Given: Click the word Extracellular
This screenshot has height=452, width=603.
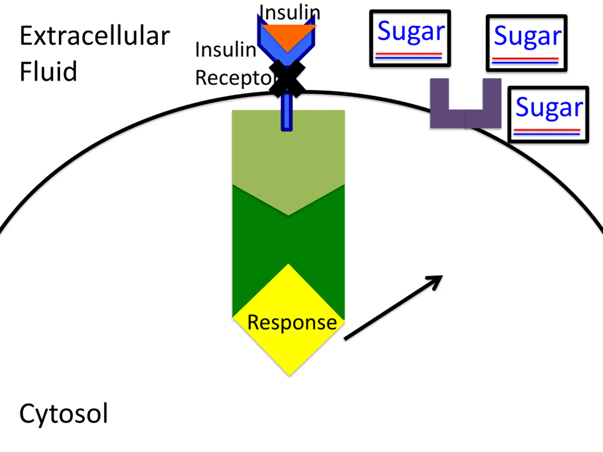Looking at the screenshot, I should [95, 36].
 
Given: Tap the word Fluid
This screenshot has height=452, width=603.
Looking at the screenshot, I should [48, 71].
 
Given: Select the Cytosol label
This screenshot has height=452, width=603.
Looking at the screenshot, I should [64, 413].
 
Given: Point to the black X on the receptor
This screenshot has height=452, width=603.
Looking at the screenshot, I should [287, 78].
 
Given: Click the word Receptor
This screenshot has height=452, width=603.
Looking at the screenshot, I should [234, 78].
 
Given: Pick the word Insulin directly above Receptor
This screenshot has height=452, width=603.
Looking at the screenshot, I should [226, 50].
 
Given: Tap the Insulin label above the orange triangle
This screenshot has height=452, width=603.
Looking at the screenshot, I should [289, 12].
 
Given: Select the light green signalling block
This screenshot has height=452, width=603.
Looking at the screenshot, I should [288, 153].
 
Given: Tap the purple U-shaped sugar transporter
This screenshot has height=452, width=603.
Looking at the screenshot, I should [466, 118].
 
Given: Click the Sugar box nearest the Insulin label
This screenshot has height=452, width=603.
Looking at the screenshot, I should [410, 38].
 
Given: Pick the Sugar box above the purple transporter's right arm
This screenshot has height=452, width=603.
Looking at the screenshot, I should [526, 43].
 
